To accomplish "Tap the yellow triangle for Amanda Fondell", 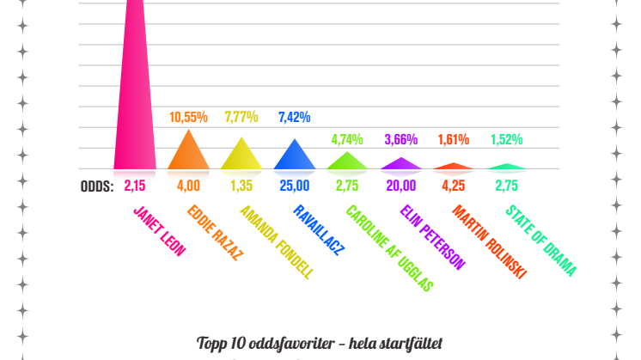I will coord(241,157).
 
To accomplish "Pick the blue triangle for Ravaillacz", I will coord(295,157).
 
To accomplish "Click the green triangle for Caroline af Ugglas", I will coord(347,162).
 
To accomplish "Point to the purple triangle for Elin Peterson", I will coord(400,164).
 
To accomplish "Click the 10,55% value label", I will coord(188,117).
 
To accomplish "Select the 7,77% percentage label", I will coord(241,117).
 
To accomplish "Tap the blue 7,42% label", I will coord(295,117).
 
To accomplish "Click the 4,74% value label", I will coord(347,138).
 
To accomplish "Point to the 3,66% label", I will coord(400,139).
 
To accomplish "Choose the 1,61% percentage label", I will coord(454,139).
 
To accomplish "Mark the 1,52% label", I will coord(506,139).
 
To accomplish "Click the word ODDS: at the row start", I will coord(97,185).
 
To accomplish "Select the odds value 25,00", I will coord(295,185).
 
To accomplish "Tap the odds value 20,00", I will coord(400,185).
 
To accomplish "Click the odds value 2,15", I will coord(135,185).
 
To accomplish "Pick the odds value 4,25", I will coord(454,185).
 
